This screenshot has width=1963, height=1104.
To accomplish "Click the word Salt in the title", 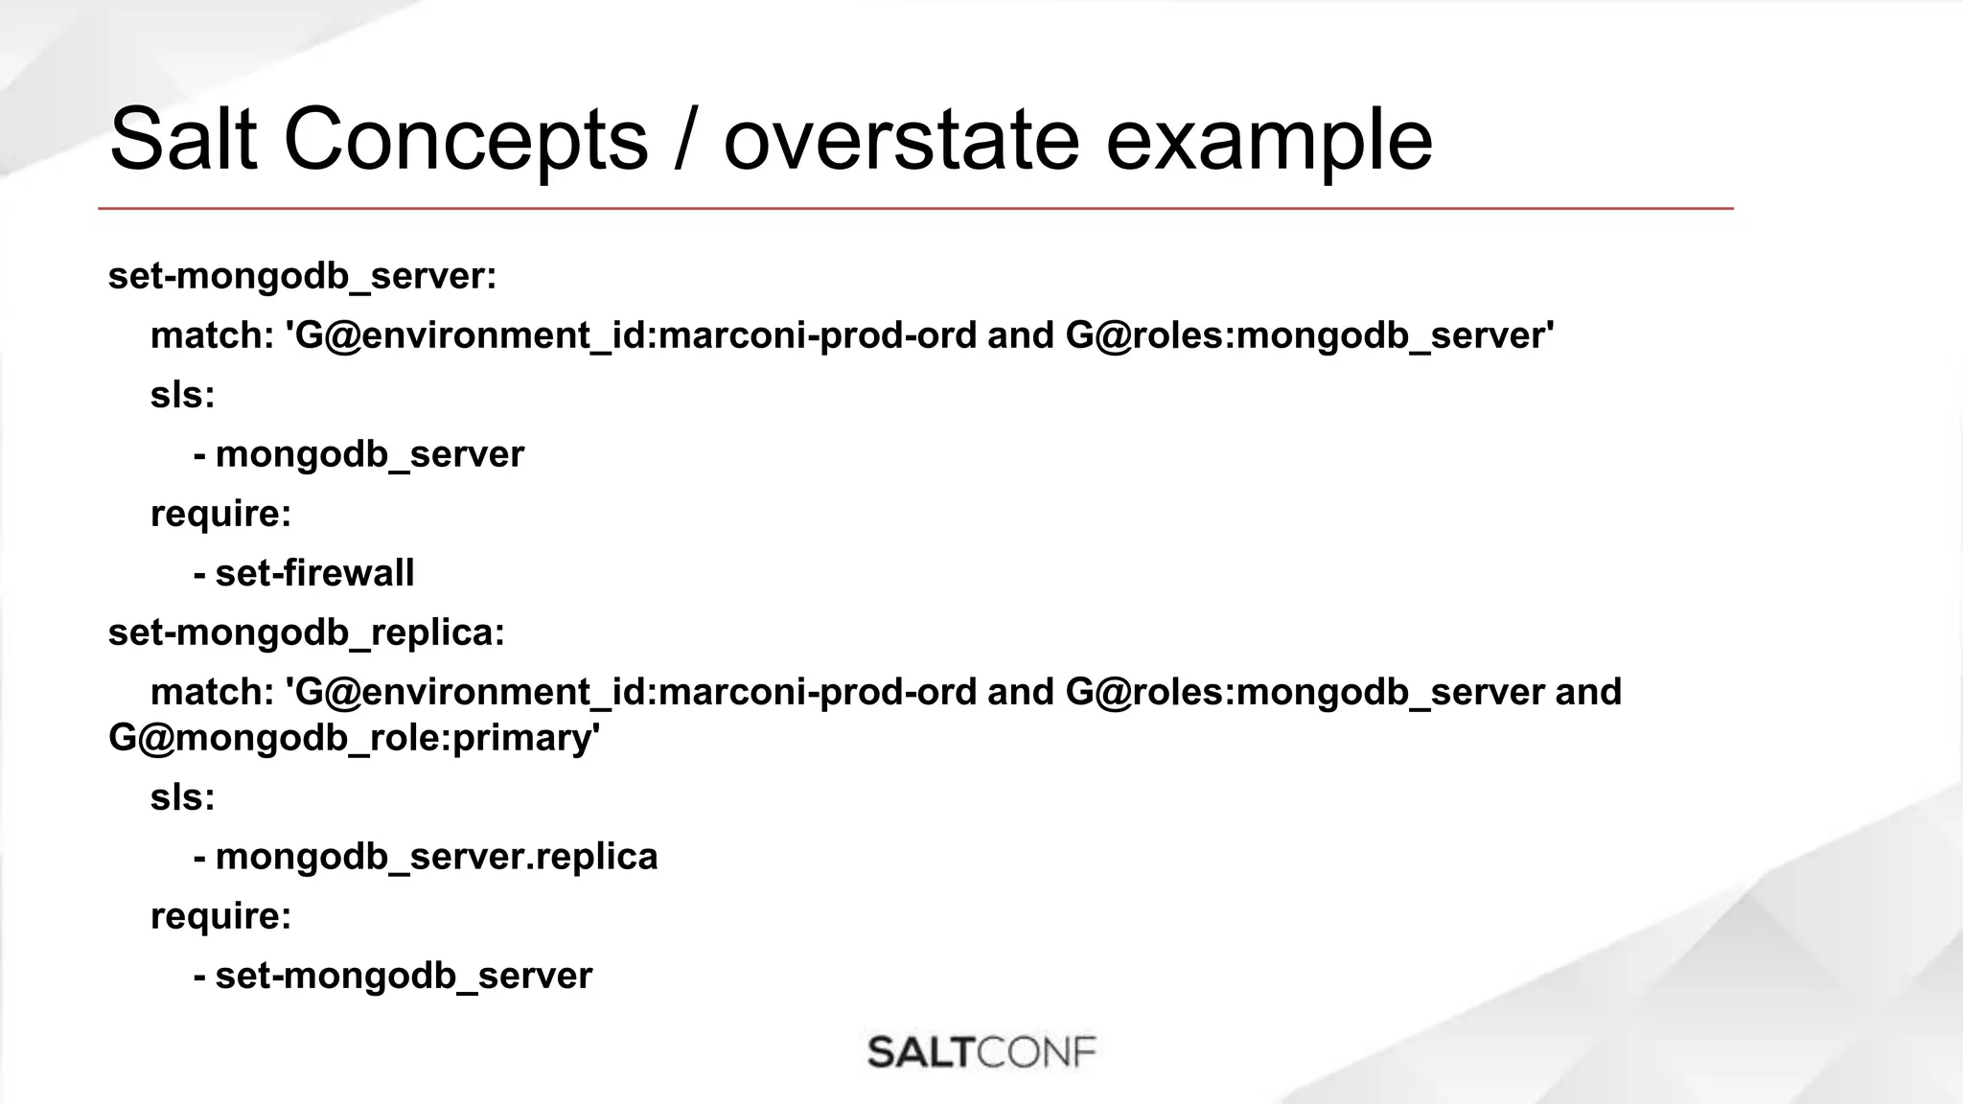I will click(x=183, y=140).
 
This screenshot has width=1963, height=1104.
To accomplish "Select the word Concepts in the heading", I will click(x=466, y=140).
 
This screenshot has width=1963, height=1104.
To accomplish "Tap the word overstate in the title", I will click(x=901, y=140).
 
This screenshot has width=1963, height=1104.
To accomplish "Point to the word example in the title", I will click(x=1269, y=140).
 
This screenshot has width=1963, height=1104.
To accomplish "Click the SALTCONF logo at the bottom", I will click(x=981, y=1052).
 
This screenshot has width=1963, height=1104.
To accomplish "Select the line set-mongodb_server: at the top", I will click(x=302, y=276).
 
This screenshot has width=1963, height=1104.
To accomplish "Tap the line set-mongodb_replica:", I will click(x=306, y=632).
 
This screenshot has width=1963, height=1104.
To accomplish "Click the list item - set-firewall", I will click(x=304, y=573).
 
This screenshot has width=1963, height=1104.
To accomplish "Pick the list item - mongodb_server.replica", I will click(x=426, y=857).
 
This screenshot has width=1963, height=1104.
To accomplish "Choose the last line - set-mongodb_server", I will click(x=393, y=976).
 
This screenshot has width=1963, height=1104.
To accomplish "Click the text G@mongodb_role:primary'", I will click(x=354, y=738).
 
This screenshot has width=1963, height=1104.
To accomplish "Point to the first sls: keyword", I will click(x=182, y=395).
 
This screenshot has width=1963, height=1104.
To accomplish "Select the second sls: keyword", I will click(x=182, y=797).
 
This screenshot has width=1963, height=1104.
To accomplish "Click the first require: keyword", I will click(x=220, y=514).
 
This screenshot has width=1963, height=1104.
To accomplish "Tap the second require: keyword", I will click(x=220, y=916).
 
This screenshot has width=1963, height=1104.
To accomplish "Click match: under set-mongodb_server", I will click(x=212, y=335).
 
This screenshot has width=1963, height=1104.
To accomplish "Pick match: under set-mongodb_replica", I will click(x=212, y=692).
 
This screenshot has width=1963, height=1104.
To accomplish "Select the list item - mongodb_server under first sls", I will click(x=358, y=454).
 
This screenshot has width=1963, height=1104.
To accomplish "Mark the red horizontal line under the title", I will click(x=915, y=208).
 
